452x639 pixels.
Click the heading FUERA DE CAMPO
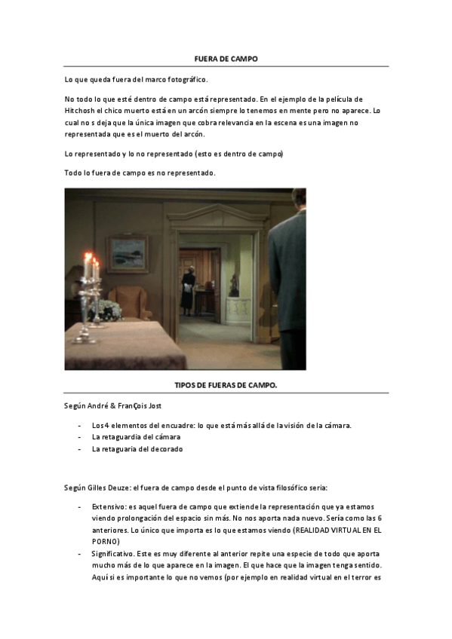point(226,58)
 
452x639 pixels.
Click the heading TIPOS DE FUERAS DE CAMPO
point(226,385)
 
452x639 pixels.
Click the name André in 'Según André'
point(100,405)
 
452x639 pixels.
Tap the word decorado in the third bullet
point(166,449)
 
